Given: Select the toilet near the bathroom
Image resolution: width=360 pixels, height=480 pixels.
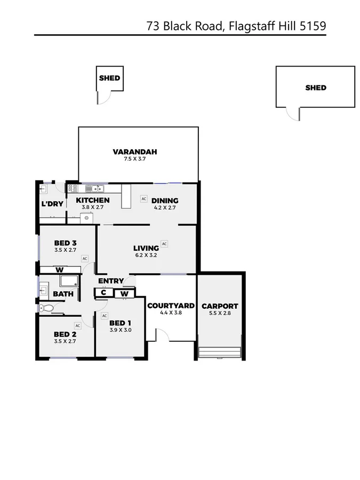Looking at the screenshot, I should click(x=46, y=308).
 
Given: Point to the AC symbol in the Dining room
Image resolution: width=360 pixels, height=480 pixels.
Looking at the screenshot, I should click(x=143, y=198).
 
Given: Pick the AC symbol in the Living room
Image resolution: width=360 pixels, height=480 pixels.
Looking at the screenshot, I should click(x=164, y=244).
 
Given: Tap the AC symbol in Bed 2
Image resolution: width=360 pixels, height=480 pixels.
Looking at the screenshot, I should click(x=77, y=325).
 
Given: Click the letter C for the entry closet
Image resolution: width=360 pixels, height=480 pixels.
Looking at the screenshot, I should click(x=104, y=293).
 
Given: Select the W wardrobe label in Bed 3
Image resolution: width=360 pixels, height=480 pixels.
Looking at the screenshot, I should click(x=59, y=270).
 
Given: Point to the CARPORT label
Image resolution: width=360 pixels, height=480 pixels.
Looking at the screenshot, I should click(x=220, y=306).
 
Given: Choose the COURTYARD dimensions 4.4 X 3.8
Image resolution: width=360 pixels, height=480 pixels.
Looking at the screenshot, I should click(x=171, y=313).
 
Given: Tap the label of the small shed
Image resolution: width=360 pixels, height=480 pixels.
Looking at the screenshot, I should click(x=109, y=78).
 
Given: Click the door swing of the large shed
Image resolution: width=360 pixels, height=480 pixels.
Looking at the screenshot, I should click(x=293, y=114).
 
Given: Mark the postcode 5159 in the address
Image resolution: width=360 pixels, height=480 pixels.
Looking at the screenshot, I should click(x=314, y=25).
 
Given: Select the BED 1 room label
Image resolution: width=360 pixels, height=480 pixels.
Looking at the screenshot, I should click(x=120, y=323).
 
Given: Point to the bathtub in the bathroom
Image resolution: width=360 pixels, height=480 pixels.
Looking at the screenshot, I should click(x=69, y=281).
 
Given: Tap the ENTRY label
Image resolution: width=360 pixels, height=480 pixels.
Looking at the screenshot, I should click(x=110, y=281).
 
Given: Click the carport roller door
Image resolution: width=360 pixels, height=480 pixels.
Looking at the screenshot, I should click(x=220, y=353).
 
